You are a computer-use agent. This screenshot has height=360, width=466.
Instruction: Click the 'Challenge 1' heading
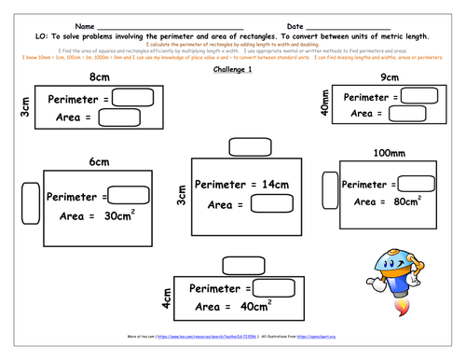tap(233, 69)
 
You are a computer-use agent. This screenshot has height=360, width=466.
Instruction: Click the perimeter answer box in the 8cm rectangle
tap(133, 98)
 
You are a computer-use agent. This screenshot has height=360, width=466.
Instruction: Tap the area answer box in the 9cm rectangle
tap(406, 113)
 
